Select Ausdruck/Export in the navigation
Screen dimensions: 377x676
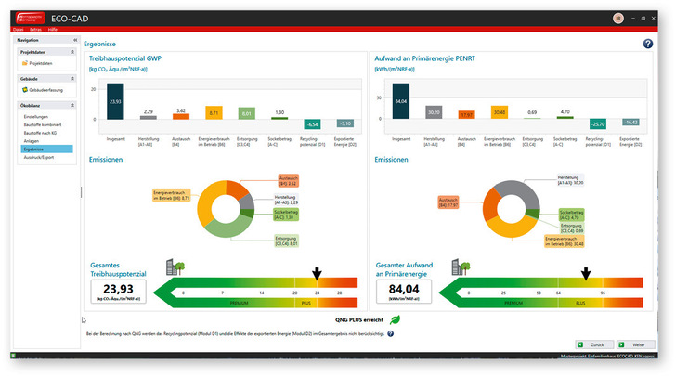39,157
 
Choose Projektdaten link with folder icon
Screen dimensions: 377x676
41,63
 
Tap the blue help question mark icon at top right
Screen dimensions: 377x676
647,44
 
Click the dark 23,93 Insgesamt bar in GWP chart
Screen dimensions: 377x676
115,102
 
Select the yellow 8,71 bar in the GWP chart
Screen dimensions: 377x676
213,113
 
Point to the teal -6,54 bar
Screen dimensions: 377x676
312,123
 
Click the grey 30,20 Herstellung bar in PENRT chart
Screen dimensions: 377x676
433,112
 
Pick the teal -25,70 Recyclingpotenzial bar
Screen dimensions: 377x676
599,123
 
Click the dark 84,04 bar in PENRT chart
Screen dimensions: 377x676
400,102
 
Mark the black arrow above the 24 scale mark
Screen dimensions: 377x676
317,273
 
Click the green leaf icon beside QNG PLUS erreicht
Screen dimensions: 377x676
394,319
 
